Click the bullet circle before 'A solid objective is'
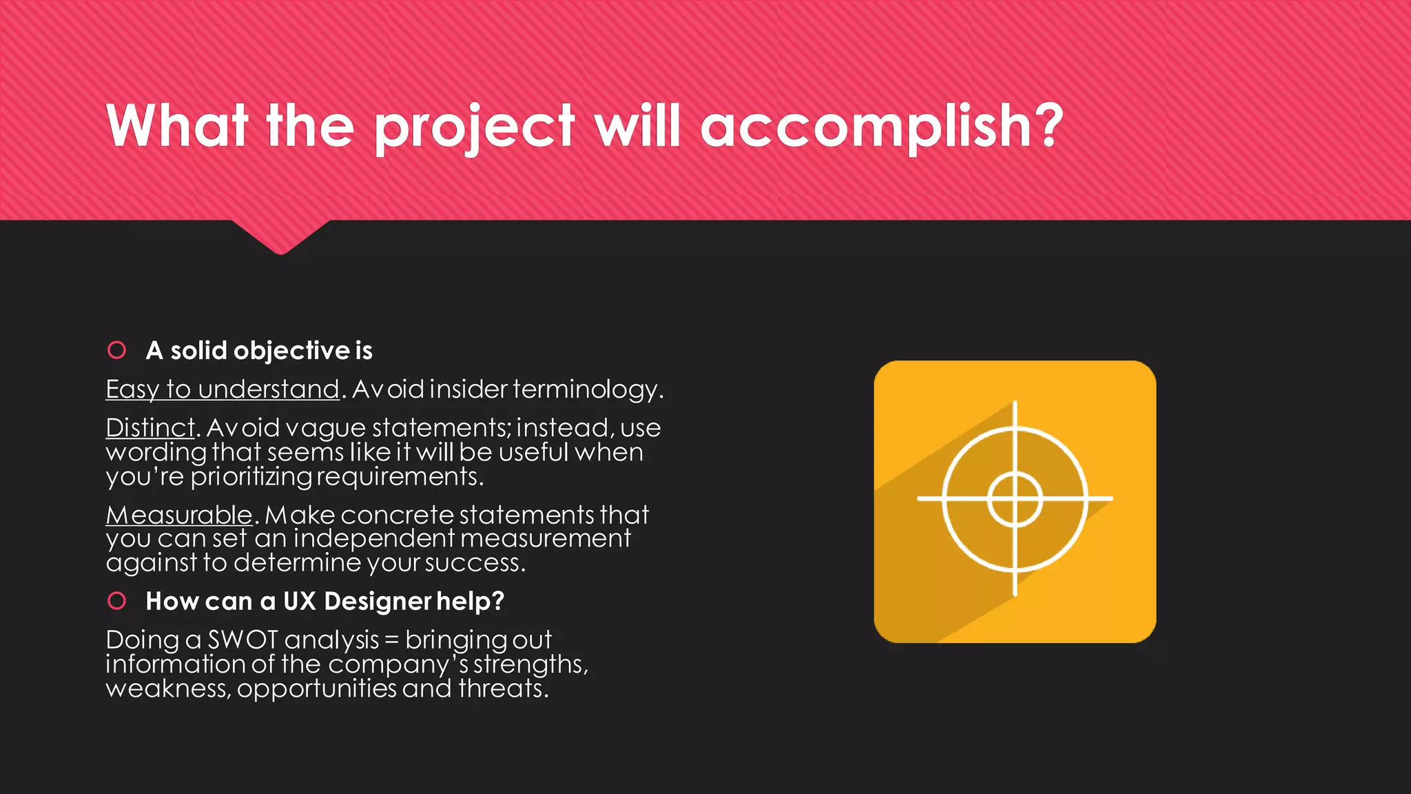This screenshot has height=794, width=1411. pyautogui.click(x=117, y=350)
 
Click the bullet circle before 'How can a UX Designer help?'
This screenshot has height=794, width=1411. pyautogui.click(x=117, y=601)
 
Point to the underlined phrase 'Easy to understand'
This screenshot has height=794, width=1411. pyautogui.click(x=223, y=389)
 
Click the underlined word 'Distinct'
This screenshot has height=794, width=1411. pyautogui.click(x=150, y=428)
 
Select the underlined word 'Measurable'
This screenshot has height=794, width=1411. pyautogui.click(x=179, y=515)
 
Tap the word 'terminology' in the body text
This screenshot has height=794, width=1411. pyautogui.click(x=585, y=389)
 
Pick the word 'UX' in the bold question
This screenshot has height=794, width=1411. pyautogui.click(x=299, y=601)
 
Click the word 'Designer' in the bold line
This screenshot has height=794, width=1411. pyautogui.click(x=378, y=601)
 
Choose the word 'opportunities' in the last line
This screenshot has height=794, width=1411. pyautogui.click(x=316, y=688)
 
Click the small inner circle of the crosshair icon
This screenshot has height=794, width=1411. pyautogui.click(x=1015, y=498)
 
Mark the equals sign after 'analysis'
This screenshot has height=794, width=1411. pyautogui.click(x=391, y=640)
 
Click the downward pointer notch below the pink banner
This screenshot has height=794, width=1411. pyautogui.click(x=280, y=238)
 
